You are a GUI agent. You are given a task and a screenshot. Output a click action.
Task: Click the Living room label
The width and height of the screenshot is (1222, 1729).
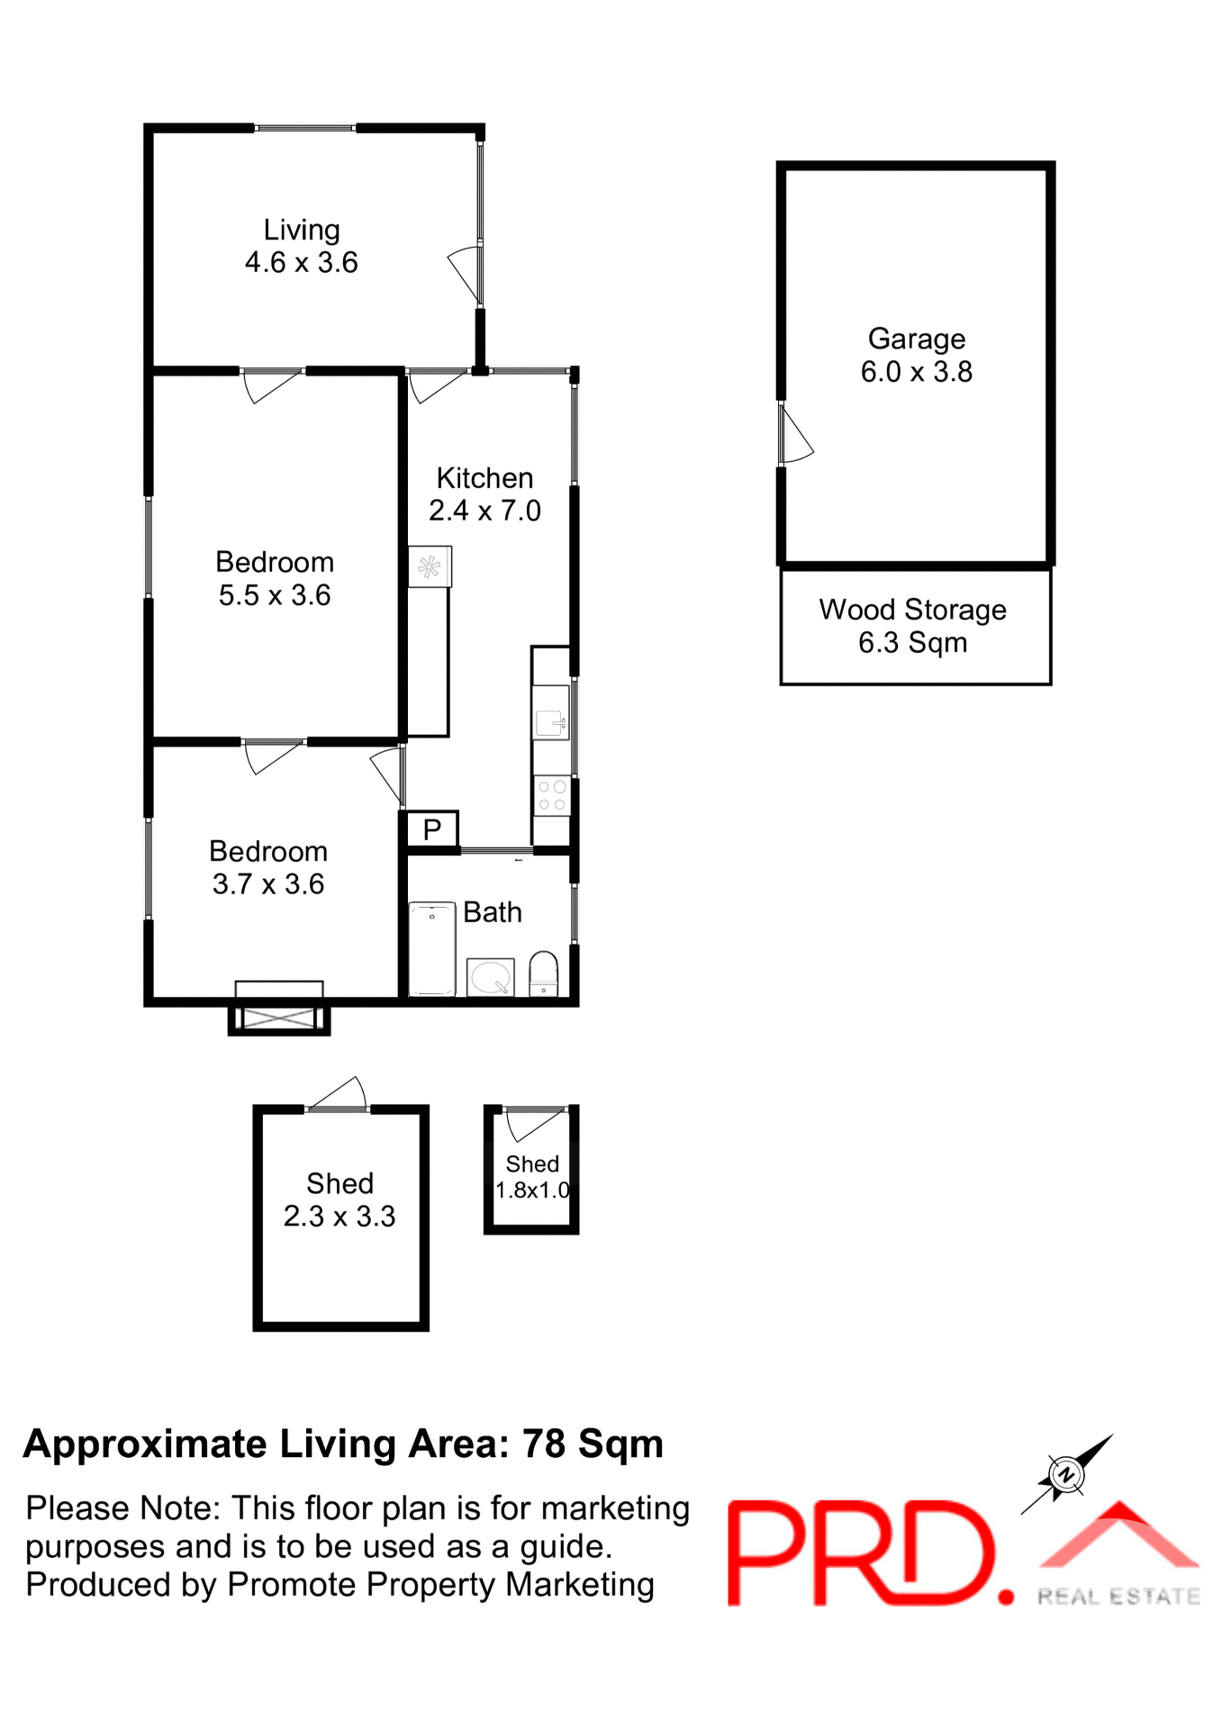tap(302, 231)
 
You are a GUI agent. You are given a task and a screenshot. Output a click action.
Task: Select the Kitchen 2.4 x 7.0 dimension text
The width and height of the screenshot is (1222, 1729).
tap(484, 511)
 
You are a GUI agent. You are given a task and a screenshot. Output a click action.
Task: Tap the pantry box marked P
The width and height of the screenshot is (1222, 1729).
tap(431, 828)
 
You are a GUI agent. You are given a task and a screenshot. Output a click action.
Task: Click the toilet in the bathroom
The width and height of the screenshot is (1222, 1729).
tap(543, 974)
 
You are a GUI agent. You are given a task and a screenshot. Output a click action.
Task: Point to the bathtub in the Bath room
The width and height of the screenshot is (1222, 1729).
tap(432, 949)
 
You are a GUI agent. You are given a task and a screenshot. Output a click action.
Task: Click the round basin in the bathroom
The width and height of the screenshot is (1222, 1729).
tap(491, 977)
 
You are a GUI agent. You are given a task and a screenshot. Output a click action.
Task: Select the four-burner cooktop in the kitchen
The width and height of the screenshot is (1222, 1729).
tap(551, 796)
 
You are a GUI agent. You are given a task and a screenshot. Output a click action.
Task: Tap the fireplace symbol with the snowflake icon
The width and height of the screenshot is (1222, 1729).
tap(430, 567)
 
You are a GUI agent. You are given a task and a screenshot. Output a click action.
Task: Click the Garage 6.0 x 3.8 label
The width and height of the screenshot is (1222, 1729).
tap(916, 355)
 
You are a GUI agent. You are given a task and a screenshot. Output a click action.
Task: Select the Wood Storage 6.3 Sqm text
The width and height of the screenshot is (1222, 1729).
tap(912, 626)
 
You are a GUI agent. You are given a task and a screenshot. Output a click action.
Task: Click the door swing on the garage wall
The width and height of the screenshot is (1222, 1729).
tap(796, 436)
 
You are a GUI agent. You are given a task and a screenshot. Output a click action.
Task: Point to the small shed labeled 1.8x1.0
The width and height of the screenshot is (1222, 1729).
tap(531, 1177)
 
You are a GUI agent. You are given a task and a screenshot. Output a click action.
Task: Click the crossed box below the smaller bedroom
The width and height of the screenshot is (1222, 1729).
tap(279, 1018)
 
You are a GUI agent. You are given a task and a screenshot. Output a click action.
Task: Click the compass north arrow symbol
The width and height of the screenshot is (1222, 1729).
tap(1066, 1474)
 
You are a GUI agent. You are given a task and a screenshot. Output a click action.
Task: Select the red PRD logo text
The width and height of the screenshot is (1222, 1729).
tap(860, 1553)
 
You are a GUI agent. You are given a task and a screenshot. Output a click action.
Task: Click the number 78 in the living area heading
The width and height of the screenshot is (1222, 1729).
tap(544, 1444)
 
